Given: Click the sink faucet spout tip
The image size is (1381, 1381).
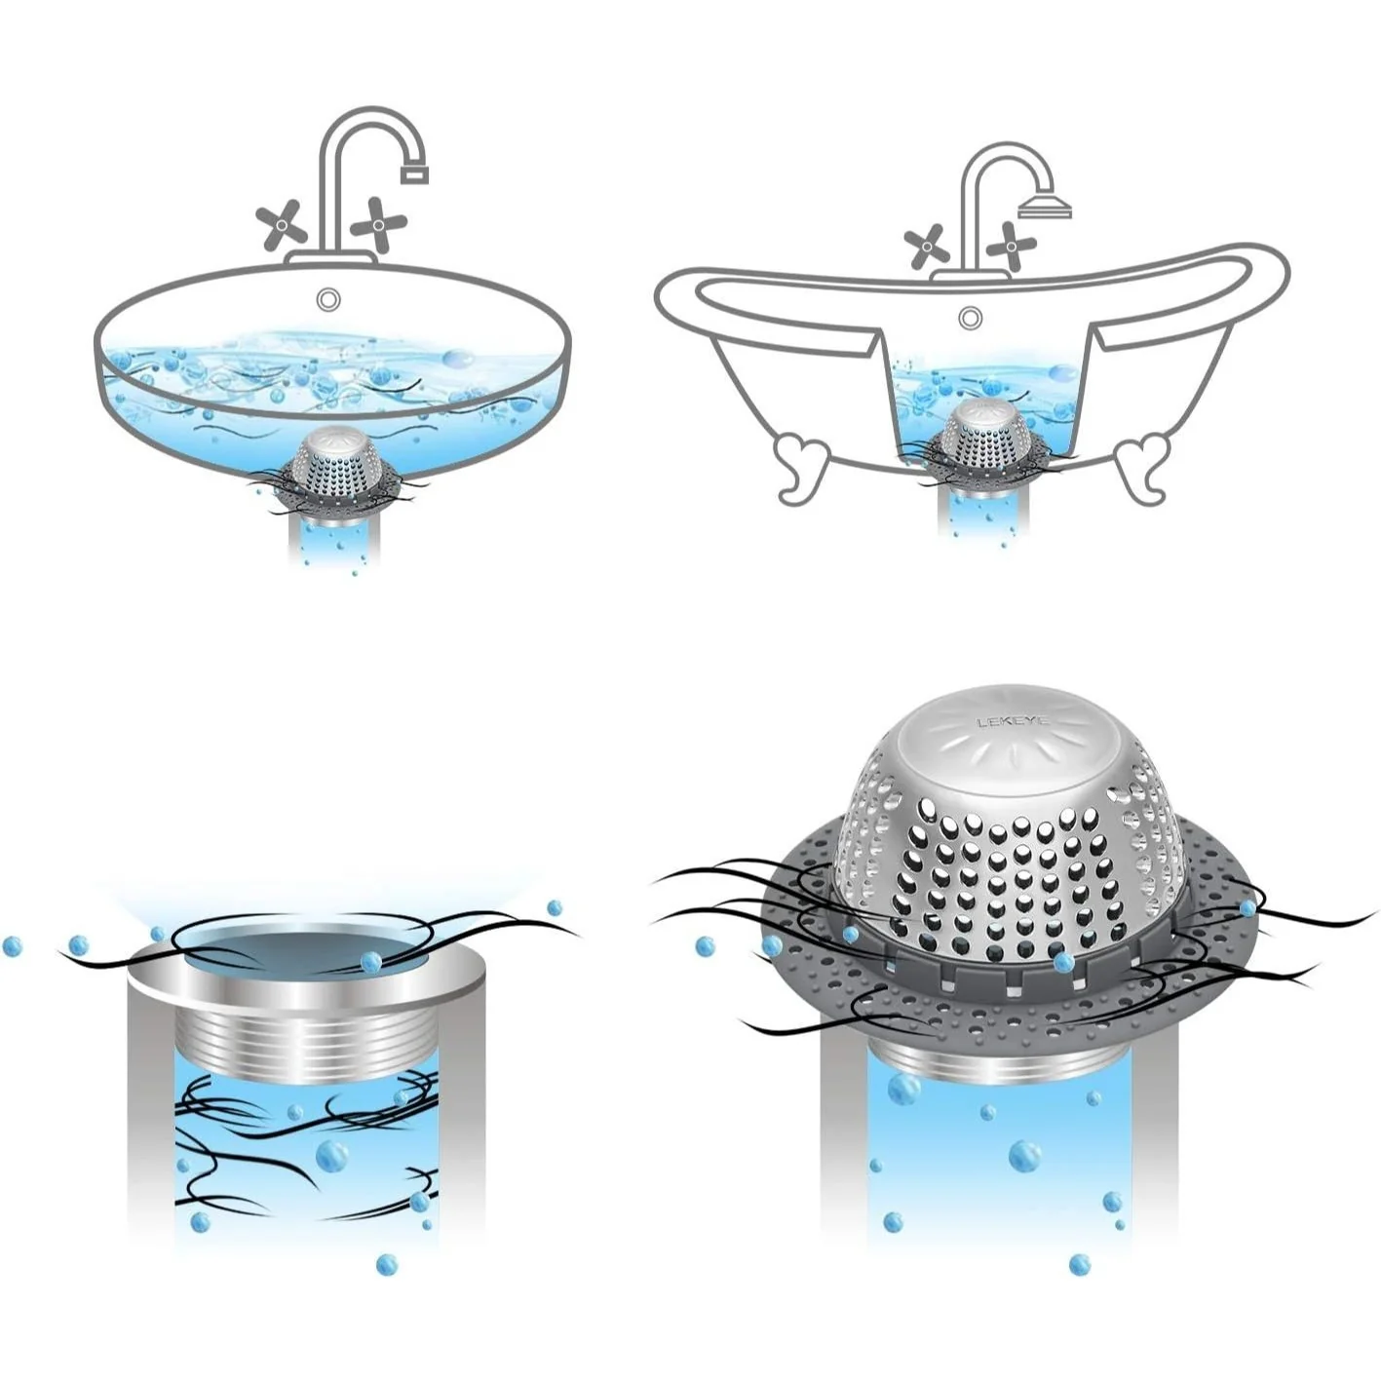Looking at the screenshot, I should [414, 174].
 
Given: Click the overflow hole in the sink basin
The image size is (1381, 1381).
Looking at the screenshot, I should [328, 299].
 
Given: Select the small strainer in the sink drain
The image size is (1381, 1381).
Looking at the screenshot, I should [335, 467].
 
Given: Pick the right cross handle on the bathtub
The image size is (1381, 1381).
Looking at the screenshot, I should [1012, 245].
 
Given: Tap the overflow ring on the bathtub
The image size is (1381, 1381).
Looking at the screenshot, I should [970, 317].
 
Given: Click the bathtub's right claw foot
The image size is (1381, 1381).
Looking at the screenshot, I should [1142, 465].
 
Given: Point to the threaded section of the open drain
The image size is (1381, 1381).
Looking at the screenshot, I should [305, 1044].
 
